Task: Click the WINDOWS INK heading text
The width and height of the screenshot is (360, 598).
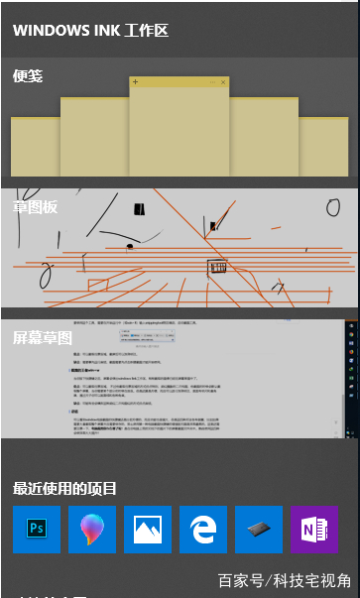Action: [90, 31]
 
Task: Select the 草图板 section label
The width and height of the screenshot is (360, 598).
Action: [35, 206]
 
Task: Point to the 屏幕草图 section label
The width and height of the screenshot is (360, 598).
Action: [43, 337]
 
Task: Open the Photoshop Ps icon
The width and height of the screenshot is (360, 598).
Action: [37, 529]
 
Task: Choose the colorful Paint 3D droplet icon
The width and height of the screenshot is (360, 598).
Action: [92, 529]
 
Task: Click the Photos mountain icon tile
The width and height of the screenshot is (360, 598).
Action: [148, 529]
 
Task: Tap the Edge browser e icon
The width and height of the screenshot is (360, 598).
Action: [203, 529]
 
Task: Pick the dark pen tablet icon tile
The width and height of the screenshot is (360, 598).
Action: [259, 529]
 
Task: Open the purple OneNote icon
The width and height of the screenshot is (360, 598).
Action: [314, 529]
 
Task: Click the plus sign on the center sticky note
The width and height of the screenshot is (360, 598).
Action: [135, 81]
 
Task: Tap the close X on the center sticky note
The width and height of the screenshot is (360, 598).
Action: [224, 81]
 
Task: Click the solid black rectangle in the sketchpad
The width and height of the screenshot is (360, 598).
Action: [139, 209]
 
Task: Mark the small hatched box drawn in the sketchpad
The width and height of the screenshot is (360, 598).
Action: [217, 267]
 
